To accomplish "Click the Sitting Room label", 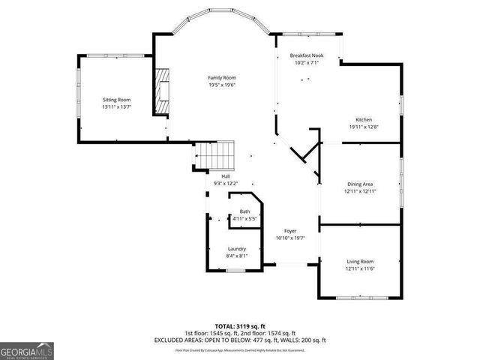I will tap(116, 100).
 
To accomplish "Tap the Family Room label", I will tap(222, 78).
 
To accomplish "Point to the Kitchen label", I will tap(364, 120).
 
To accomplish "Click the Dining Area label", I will tap(360, 184).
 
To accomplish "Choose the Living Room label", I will tap(359, 262).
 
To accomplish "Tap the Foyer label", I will tap(290, 231).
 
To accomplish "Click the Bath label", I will tap(244, 212).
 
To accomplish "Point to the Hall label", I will tap(225, 176).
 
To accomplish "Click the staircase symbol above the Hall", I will tap(216, 157).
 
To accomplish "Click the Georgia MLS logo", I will tap(27, 349).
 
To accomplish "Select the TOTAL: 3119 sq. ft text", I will tap(240, 326).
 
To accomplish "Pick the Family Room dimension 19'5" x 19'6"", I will tap(222, 85).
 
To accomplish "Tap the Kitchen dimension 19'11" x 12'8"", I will tap(364, 127).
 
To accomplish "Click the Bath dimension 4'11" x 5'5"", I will tap(244, 218).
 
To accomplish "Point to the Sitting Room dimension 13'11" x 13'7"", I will tap(116, 106).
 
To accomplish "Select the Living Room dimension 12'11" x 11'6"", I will tap(359, 268).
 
